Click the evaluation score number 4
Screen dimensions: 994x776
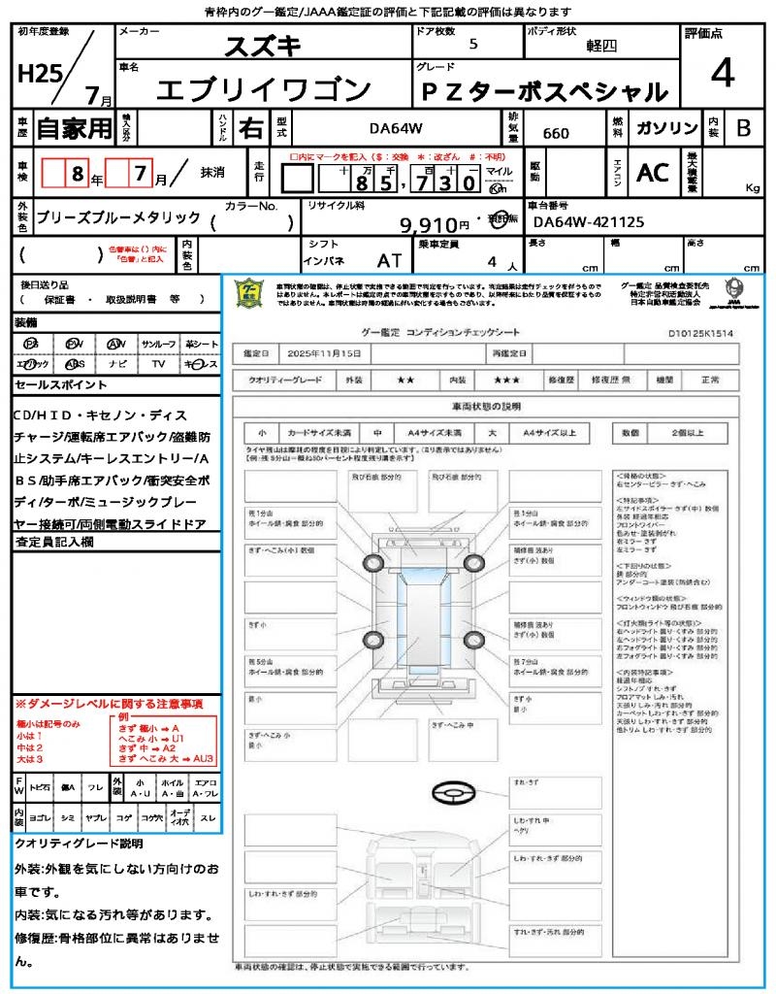click(722, 75)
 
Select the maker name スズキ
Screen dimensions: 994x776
click(263, 46)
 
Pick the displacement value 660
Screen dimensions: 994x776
click(556, 133)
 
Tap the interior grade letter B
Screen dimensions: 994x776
click(743, 127)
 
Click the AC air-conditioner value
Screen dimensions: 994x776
click(653, 173)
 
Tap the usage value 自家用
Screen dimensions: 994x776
click(74, 127)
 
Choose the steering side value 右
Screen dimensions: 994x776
click(251, 128)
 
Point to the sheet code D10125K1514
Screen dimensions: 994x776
click(700, 333)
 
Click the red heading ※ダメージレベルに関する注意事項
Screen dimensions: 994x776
click(109, 703)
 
